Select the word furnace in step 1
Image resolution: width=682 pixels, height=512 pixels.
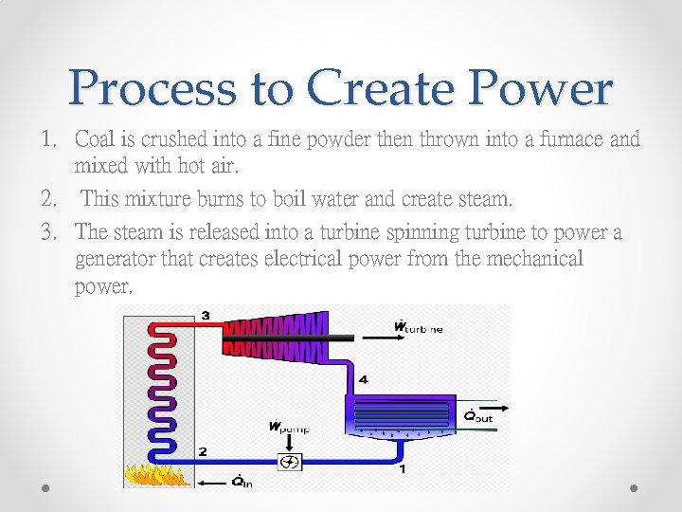tap(572, 139)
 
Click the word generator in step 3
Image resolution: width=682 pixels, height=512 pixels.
tap(114, 258)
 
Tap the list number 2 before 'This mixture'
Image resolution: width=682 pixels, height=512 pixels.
tap(47, 199)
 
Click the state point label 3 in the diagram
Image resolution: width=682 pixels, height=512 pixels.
tap(206, 315)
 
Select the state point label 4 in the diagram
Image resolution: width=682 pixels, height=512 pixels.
tap(363, 379)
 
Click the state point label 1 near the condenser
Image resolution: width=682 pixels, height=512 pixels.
tap(403, 467)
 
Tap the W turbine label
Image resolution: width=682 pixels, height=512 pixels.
tap(418, 328)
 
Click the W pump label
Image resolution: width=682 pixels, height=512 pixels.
tap(288, 428)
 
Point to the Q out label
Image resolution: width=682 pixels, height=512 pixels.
tap(477, 415)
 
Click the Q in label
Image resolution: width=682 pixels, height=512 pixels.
tap(242, 481)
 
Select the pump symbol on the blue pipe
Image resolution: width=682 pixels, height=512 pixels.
tap(290, 462)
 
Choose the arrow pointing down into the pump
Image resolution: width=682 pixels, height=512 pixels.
tap(290, 442)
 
